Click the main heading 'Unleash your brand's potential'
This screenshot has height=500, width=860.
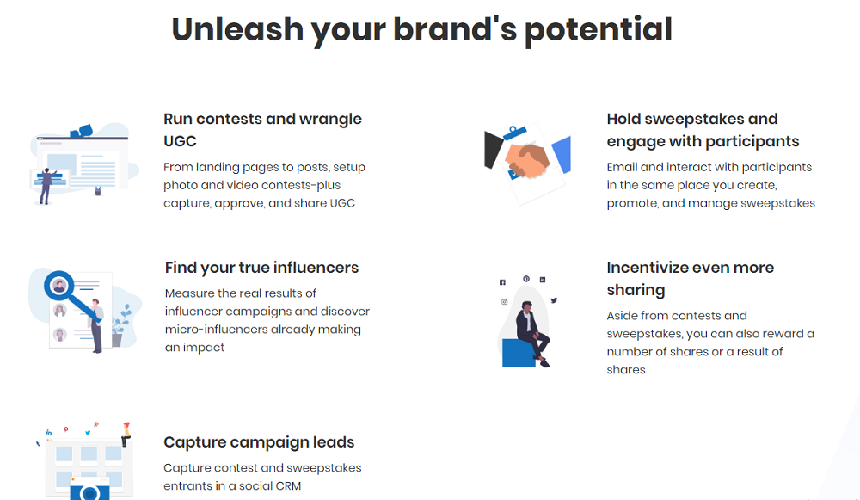click(x=421, y=29)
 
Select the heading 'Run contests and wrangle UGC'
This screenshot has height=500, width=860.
click(x=262, y=130)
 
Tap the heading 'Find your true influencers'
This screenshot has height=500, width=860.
click(x=261, y=268)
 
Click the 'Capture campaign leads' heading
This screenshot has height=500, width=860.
click(x=259, y=441)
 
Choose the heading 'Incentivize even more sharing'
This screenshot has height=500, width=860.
click(x=690, y=278)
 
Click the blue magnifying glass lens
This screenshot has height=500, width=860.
click(x=58, y=286)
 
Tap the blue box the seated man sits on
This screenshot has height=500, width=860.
click(x=519, y=353)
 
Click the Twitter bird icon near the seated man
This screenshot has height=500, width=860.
click(x=554, y=300)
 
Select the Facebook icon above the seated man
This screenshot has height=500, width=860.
click(x=502, y=282)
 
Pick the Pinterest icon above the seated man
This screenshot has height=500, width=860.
click(x=526, y=279)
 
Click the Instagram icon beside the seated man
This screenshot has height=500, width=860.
click(x=505, y=302)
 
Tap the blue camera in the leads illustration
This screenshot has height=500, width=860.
click(x=89, y=489)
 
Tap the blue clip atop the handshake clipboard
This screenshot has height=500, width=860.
click(x=514, y=133)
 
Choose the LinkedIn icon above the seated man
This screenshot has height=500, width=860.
click(x=543, y=280)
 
